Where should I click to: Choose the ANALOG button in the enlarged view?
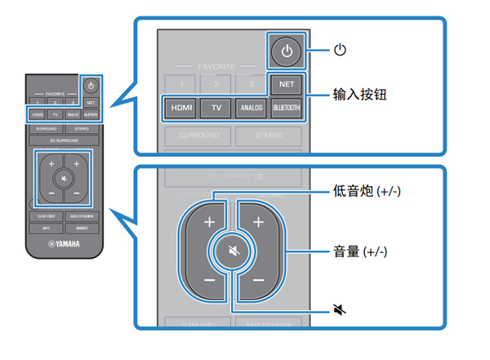pyautogui.click(x=251, y=106)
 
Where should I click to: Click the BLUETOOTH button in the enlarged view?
pyautogui.click(x=286, y=106)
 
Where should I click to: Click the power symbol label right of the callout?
pyautogui.click(x=341, y=51)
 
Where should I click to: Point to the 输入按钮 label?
pyautogui.click(x=359, y=94)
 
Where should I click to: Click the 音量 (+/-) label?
pyautogui.click(x=363, y=250)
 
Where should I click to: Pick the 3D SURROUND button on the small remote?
pyautogui.click(x=64, y=140)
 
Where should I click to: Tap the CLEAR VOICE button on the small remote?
pyautogui.click(x=45, y=216)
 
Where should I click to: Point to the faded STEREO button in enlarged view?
pyautogui.click(x=269, y=135)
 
